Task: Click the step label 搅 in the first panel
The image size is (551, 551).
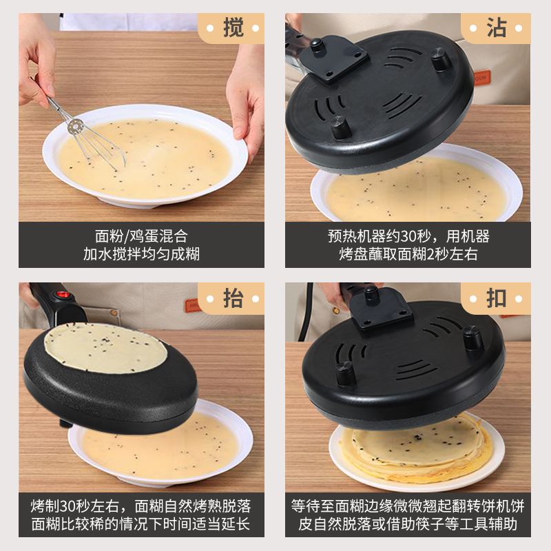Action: click(x=233, y=28)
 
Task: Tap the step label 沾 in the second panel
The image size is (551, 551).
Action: click(x=496, y=28)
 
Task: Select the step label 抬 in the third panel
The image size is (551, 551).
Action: click(x=233, y=298)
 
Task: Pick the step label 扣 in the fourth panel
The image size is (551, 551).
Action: click(x=496, y=298)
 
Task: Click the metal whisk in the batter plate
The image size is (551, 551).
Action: click(x=88, y=136)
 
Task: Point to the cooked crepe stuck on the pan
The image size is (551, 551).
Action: click(x=105, y=347)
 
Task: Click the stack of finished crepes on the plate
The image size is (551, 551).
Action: click(x=417, y=449)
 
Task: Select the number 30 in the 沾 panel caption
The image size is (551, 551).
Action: click(x=408, y=236)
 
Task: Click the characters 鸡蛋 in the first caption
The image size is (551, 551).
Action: click(x=145, y=236)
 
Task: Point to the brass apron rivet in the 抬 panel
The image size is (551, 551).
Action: click(x=113, y=312)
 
